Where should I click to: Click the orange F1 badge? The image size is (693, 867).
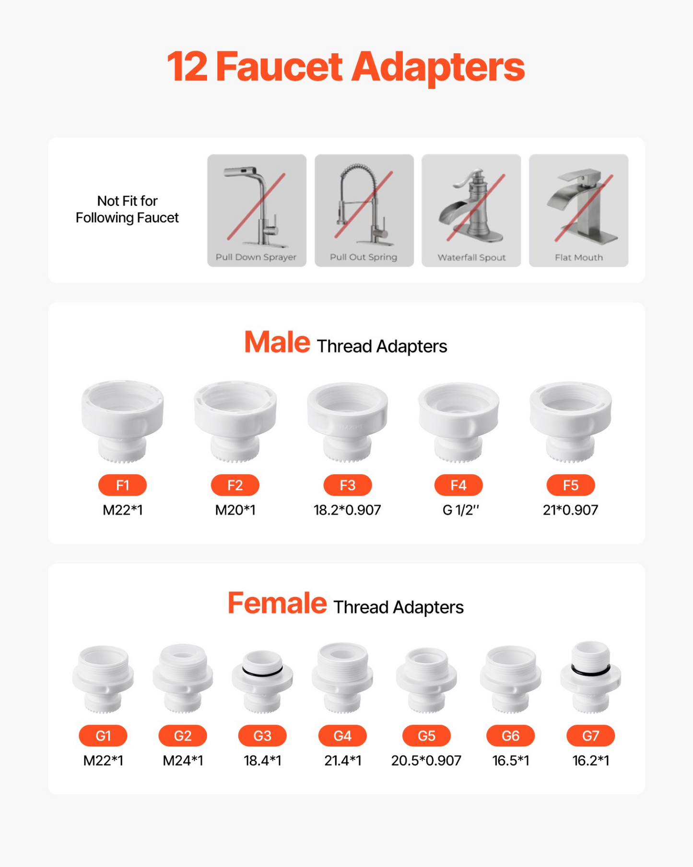tap(122, 485)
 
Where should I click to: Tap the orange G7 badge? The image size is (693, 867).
tap(590, 735)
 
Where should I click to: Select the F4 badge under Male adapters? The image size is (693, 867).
tap(458, 485)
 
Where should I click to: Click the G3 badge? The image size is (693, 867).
tap(262, 735)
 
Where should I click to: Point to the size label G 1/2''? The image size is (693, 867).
tap(460, 510)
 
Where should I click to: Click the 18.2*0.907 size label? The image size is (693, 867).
tap(347, 510)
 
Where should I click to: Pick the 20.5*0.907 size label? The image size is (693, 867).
tap(426, 760)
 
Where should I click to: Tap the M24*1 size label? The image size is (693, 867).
tap(183, 760)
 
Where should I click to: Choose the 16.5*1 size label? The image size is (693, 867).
tap(511, 760)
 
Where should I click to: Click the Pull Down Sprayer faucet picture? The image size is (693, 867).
tap(257, 210)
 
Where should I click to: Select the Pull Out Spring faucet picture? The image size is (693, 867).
tap(364, 210)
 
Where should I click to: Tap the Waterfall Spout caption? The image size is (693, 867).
tap(471, 257)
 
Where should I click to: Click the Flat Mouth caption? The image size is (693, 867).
tap(579, 257)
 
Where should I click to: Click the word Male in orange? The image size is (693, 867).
tap(277, 342)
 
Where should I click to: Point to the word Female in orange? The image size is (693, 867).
tap(277, 603)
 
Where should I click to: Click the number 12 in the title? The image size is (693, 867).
tap(188, 67)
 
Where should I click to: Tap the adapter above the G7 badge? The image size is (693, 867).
tap(590, 677)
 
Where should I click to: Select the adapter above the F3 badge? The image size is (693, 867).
tap(347, 421)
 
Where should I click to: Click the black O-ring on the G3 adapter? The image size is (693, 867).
tap(262, 671)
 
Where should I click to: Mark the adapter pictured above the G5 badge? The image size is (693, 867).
tap(426, 679)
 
